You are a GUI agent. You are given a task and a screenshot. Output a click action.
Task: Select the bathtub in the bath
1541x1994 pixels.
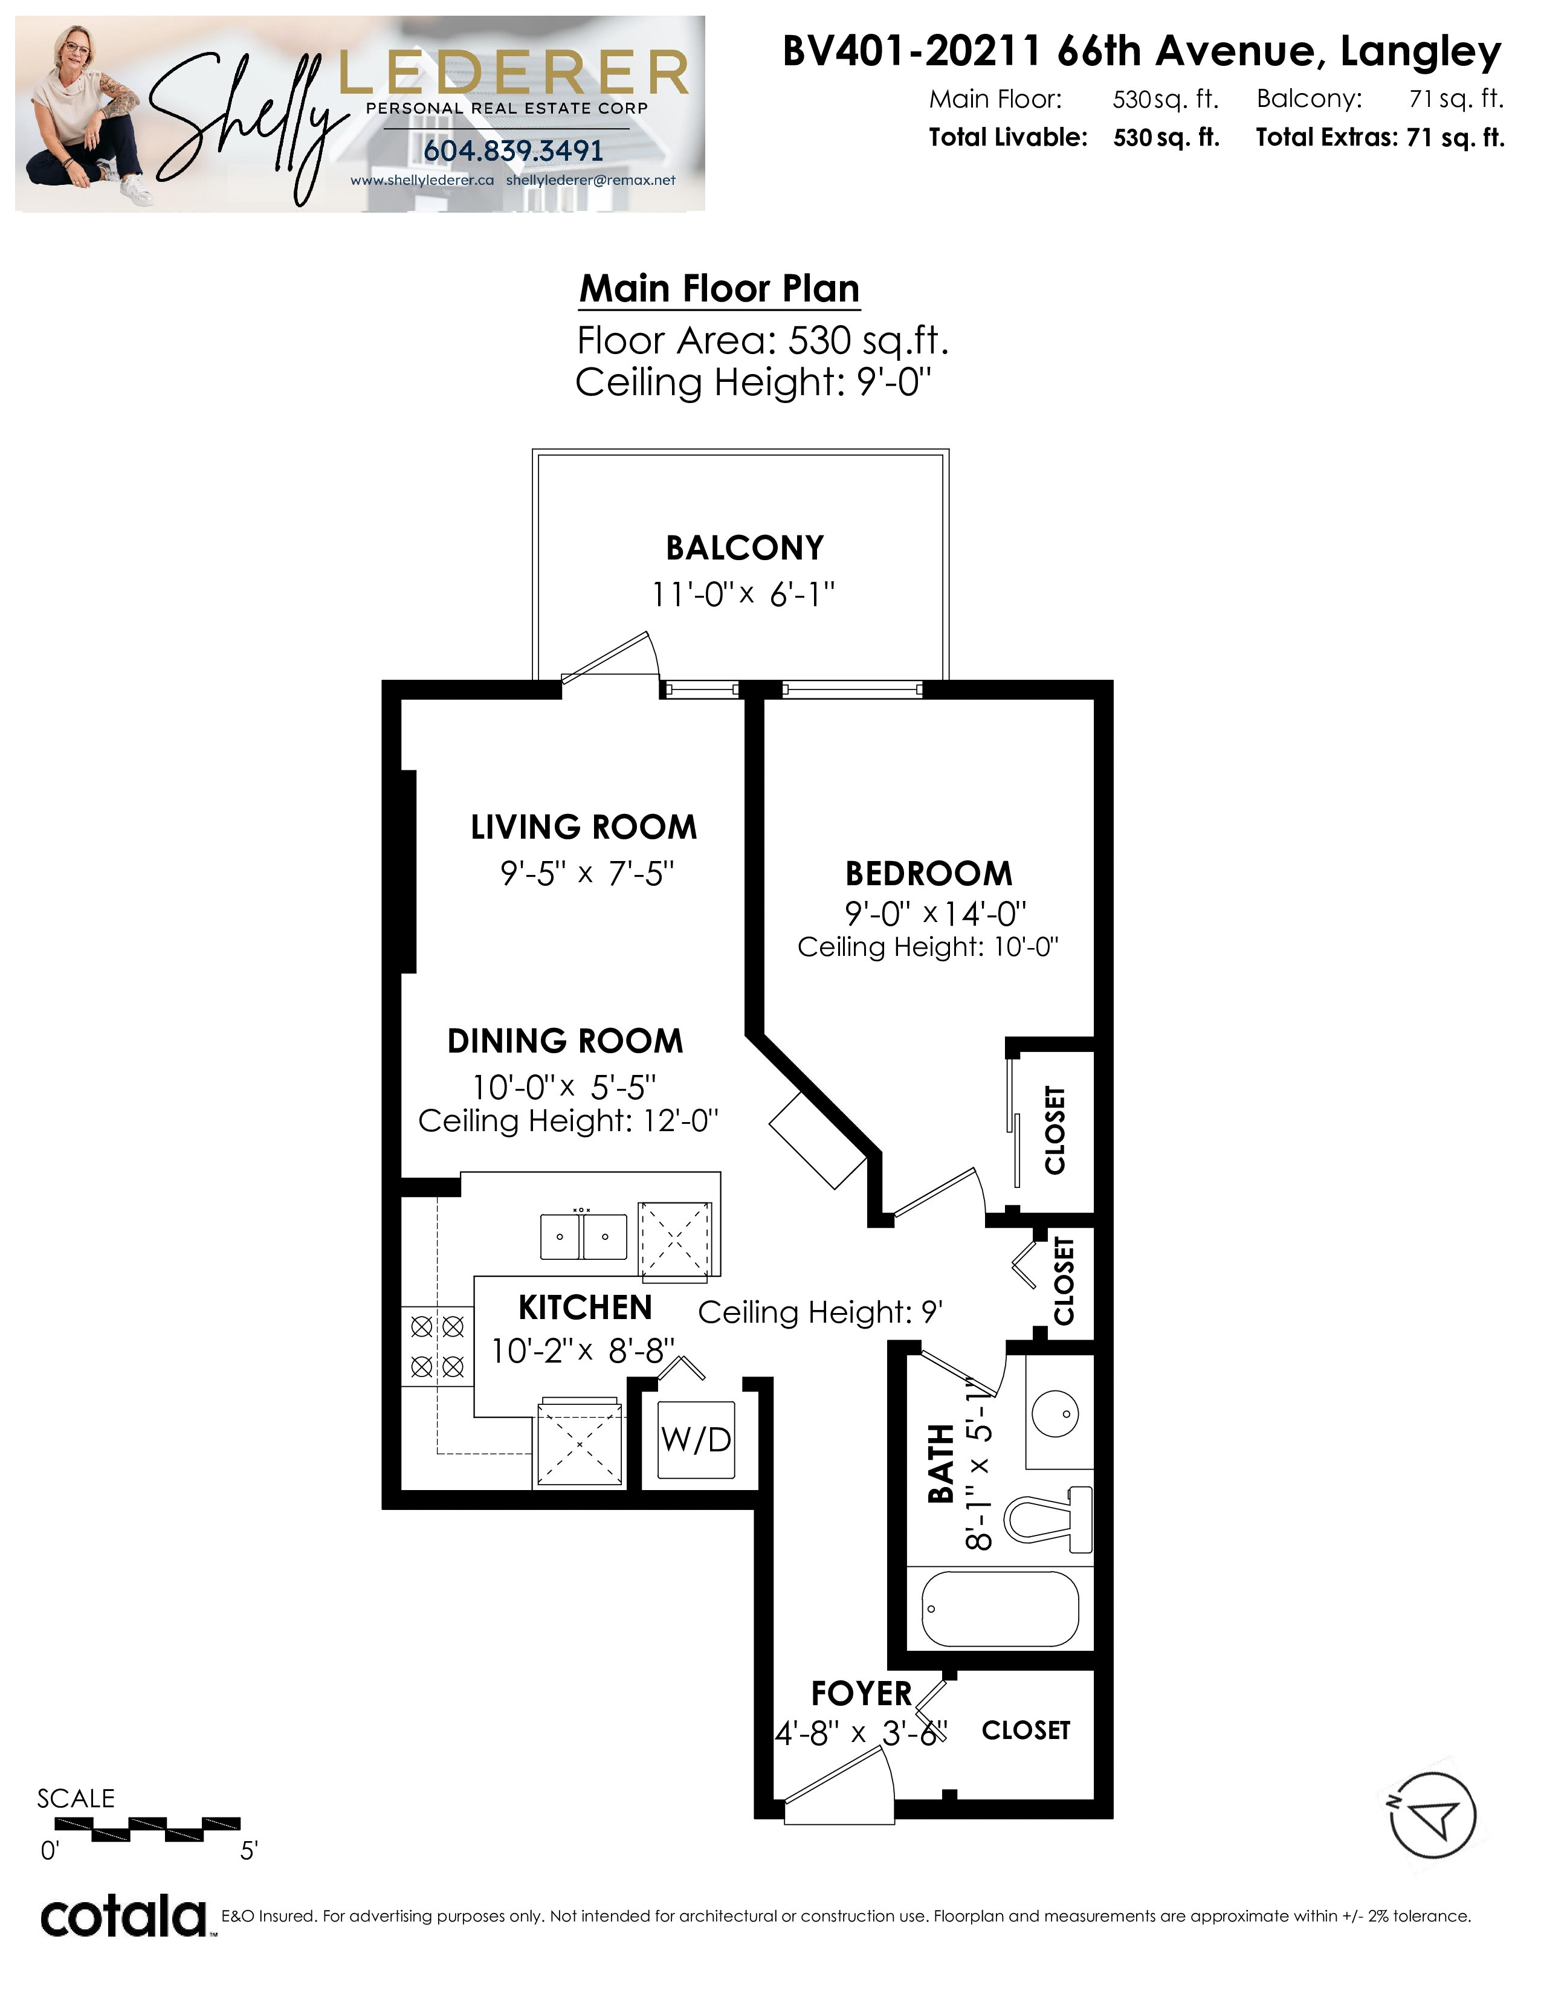pos(1001,1608)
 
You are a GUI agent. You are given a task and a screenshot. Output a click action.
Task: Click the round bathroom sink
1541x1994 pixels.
pos(1055,1413)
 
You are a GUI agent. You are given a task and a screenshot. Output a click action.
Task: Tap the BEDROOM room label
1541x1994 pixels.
pos(928,874)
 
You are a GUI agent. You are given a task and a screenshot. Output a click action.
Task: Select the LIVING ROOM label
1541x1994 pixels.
pos(583,827)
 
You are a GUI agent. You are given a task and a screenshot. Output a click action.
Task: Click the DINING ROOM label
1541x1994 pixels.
pos(565,1041)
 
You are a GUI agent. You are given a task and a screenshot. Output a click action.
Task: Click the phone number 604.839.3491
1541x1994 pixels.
pos(513,150)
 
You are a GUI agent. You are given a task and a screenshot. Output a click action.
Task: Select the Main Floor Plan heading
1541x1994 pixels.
pos(719,288)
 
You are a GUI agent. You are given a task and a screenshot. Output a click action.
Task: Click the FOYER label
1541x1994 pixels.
pos(861,1694)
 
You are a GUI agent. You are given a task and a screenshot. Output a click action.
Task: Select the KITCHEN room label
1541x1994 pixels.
pos(585,1308)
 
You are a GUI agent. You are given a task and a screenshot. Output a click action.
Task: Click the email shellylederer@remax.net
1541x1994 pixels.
pos(590,180)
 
